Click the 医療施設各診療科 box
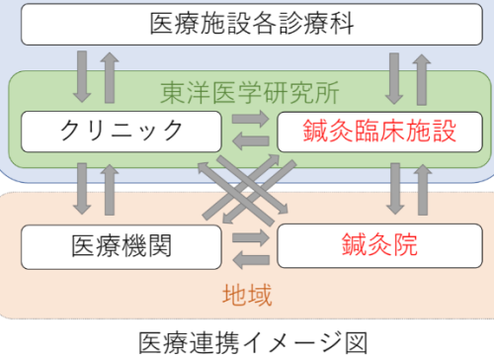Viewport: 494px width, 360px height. pyautogui.click(x=246, y=24)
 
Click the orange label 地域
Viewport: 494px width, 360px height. pyautogui.click(x=247, y=294)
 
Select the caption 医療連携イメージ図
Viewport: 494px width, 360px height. pyautogui.click(x=247, y=341)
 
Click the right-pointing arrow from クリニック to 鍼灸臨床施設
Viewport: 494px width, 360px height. pyautogui.click(x=247, y=122)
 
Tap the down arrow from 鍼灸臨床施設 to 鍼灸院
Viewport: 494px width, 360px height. pyautogui.click(x=393, y=188)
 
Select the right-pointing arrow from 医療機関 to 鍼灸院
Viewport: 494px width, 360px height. pyautogui.click(x=247, y=237)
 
